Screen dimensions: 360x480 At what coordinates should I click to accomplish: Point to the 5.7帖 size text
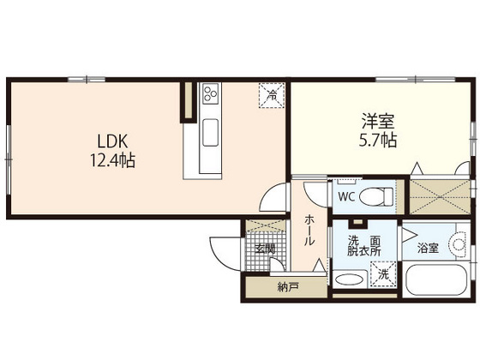click(377, 141)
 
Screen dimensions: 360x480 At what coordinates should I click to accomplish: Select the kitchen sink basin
click(209, 133)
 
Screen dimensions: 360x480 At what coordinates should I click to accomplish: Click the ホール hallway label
click(309, 231)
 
